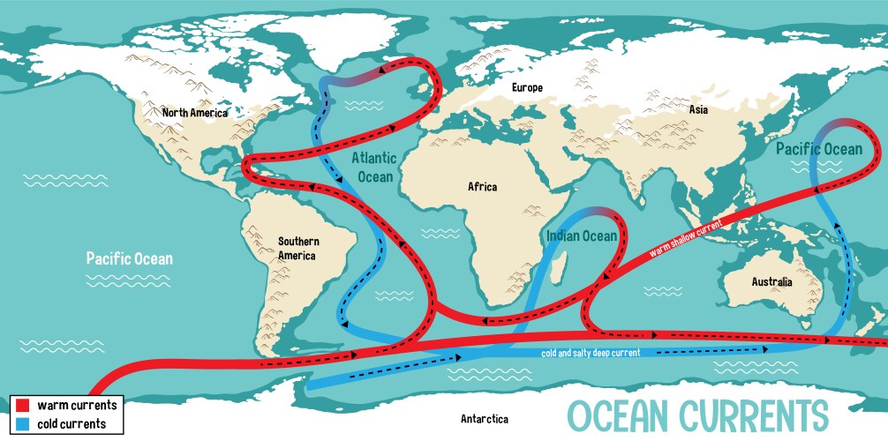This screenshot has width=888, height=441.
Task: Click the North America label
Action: [x=194, y=113]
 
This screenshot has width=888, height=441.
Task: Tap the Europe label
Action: [x=527, y=87]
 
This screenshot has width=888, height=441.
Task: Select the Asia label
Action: [x=699, y=109]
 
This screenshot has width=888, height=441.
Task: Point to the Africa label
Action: [x=482, y=187]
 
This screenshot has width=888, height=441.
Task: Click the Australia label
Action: [x=771, y=282]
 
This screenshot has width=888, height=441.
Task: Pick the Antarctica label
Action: [x=485, y=419]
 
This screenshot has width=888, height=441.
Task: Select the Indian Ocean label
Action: [x=581, y=235]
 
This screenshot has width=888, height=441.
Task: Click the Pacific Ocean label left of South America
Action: [x=129, y=259]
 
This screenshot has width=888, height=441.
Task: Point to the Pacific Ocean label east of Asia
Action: [x=819, y=149]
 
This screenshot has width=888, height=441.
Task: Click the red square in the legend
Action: [x=23, y=405]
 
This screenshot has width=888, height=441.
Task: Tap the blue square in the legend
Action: [x=23, y=423]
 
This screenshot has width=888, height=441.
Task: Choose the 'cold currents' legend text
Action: [x=71, y=423]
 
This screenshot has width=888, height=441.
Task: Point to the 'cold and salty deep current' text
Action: [x=591, y=353]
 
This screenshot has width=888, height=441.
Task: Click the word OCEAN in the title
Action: [x=621, y=415]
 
